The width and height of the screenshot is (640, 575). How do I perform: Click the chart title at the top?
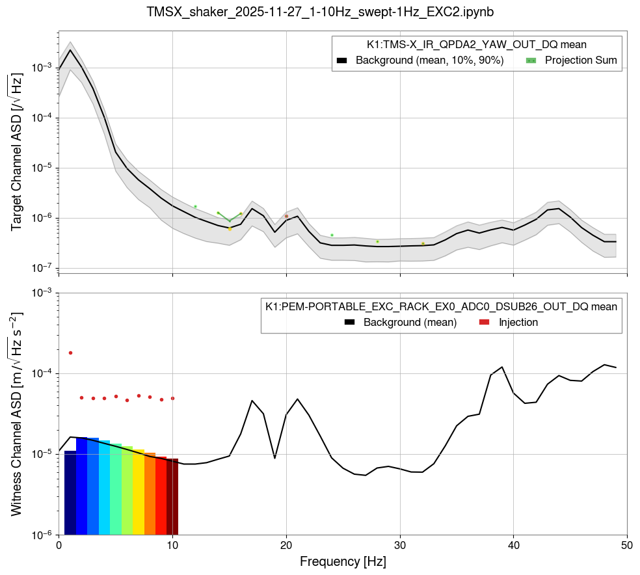(320, 12)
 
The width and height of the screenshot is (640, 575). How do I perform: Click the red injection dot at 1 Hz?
(70, 353)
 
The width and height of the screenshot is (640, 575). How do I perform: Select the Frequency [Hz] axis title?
(343, 561)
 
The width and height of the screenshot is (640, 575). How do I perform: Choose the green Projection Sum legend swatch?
(531, 60)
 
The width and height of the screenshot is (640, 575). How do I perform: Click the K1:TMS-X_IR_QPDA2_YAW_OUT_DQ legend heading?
(477, 45)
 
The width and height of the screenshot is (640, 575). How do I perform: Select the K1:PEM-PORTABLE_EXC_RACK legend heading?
(441, 306)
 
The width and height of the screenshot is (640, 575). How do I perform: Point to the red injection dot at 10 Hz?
(172, 398)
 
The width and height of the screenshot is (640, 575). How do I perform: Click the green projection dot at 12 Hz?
(195, 206)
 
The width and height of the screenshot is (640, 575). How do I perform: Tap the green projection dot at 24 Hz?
(332, 235)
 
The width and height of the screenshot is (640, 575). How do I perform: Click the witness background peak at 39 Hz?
(502, 368)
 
